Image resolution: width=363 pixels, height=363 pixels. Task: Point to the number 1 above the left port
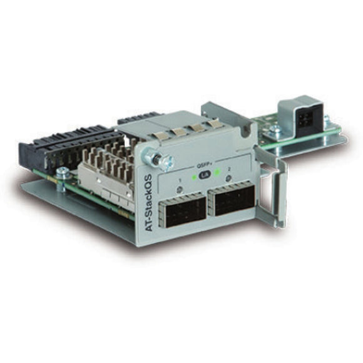(x=180, y=180)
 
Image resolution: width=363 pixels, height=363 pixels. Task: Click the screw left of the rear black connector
(x=274, y=130)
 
